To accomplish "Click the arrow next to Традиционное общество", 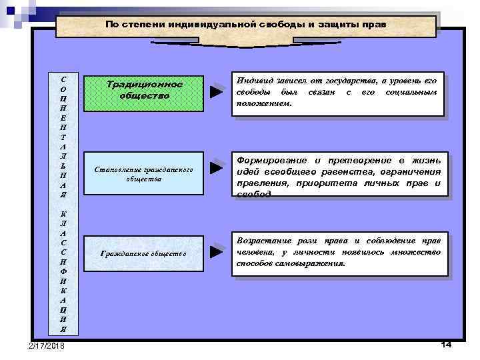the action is [x=215, y=91].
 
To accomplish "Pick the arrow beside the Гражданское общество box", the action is [x=215, y=252].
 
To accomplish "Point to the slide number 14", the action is [x=446, y=344].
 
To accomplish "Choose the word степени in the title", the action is [x=141, y=24].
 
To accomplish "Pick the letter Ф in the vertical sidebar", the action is [x=63, y=271].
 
